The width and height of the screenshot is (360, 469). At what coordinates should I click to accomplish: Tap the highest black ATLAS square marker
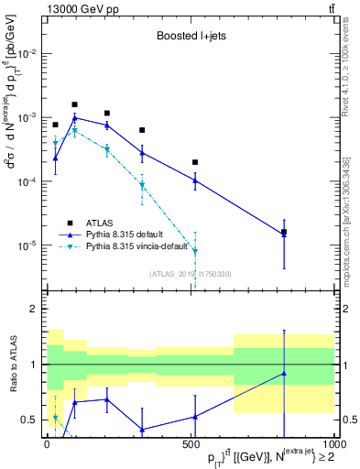tap(74, 104)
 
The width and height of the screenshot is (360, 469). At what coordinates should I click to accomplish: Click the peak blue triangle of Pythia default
tap(74, 117)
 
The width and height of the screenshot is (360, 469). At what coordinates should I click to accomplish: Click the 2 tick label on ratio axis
tap(33, 310)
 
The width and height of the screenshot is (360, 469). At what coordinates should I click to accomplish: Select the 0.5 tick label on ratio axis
tap(29, 420)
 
